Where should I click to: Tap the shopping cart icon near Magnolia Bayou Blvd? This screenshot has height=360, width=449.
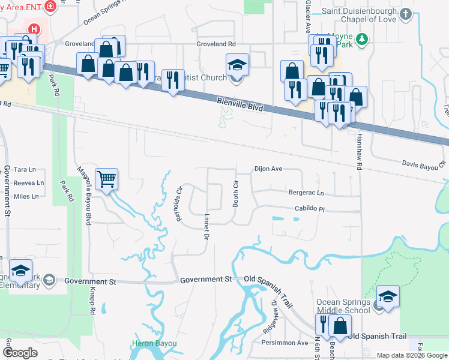pos(106,178)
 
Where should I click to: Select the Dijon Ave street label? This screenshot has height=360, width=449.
pos(268,169)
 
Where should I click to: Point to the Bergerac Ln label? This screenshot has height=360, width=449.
pos(306,193)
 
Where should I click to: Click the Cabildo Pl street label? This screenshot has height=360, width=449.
pos(309,209)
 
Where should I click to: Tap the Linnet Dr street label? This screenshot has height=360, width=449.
pos(205,229)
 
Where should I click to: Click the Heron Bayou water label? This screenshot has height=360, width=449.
pos(154,343)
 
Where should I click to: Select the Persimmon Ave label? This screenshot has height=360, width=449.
pos(285,343)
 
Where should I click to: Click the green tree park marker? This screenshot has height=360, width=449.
pos(361,40)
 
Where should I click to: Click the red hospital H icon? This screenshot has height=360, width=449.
pos(35,28)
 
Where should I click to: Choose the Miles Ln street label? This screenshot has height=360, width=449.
pos(26,196)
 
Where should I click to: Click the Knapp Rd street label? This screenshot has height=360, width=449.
pos(93,305)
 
